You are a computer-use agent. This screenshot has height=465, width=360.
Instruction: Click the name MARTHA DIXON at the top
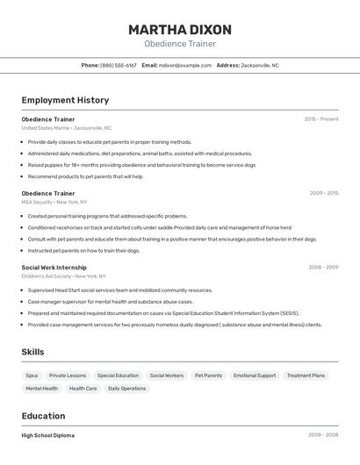pyautogui.click(x=179, y=29)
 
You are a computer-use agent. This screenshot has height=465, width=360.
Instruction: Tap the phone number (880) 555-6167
pyautogui.click(x=119, y=65)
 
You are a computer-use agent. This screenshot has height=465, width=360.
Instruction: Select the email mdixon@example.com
pyautogui.click(x=185, y=65)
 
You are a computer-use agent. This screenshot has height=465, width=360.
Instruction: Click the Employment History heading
pyautogui.click(x=65, y=100)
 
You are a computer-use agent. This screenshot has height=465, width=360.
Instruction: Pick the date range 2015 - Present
pyautogui.click(x=320, y=118)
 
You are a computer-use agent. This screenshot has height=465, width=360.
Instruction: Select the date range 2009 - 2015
pyautogui.click(x=323, y=193)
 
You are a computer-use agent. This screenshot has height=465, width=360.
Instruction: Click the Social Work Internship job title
pyautogui.click(x=54, y=267)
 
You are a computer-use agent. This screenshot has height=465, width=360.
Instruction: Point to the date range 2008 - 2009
pyautogui.click(x=323, y=267)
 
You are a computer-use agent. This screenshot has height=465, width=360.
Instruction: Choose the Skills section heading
pyautogui.click(x=32, y=352)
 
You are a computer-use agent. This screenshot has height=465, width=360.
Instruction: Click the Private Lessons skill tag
pyautogui.click(x=68, y=376)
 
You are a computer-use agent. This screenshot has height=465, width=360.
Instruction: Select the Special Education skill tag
pyautogui.click(x=118, y=376)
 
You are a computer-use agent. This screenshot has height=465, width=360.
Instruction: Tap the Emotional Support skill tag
pyautogui.click(x=255, y=376)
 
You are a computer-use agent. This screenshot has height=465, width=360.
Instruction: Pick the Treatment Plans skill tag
pyautogui.click(x=306, y=376)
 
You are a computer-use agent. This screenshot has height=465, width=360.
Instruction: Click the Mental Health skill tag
pyautogui.click(x=41, y=389)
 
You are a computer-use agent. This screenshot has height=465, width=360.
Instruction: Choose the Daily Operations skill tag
pyautogui.click(x=127, y=389)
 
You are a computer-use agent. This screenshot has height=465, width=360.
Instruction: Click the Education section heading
pyautogui.click(x=43, y=416)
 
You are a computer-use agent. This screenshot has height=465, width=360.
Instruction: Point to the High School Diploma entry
pyautogui.click(x=47, y=435)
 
